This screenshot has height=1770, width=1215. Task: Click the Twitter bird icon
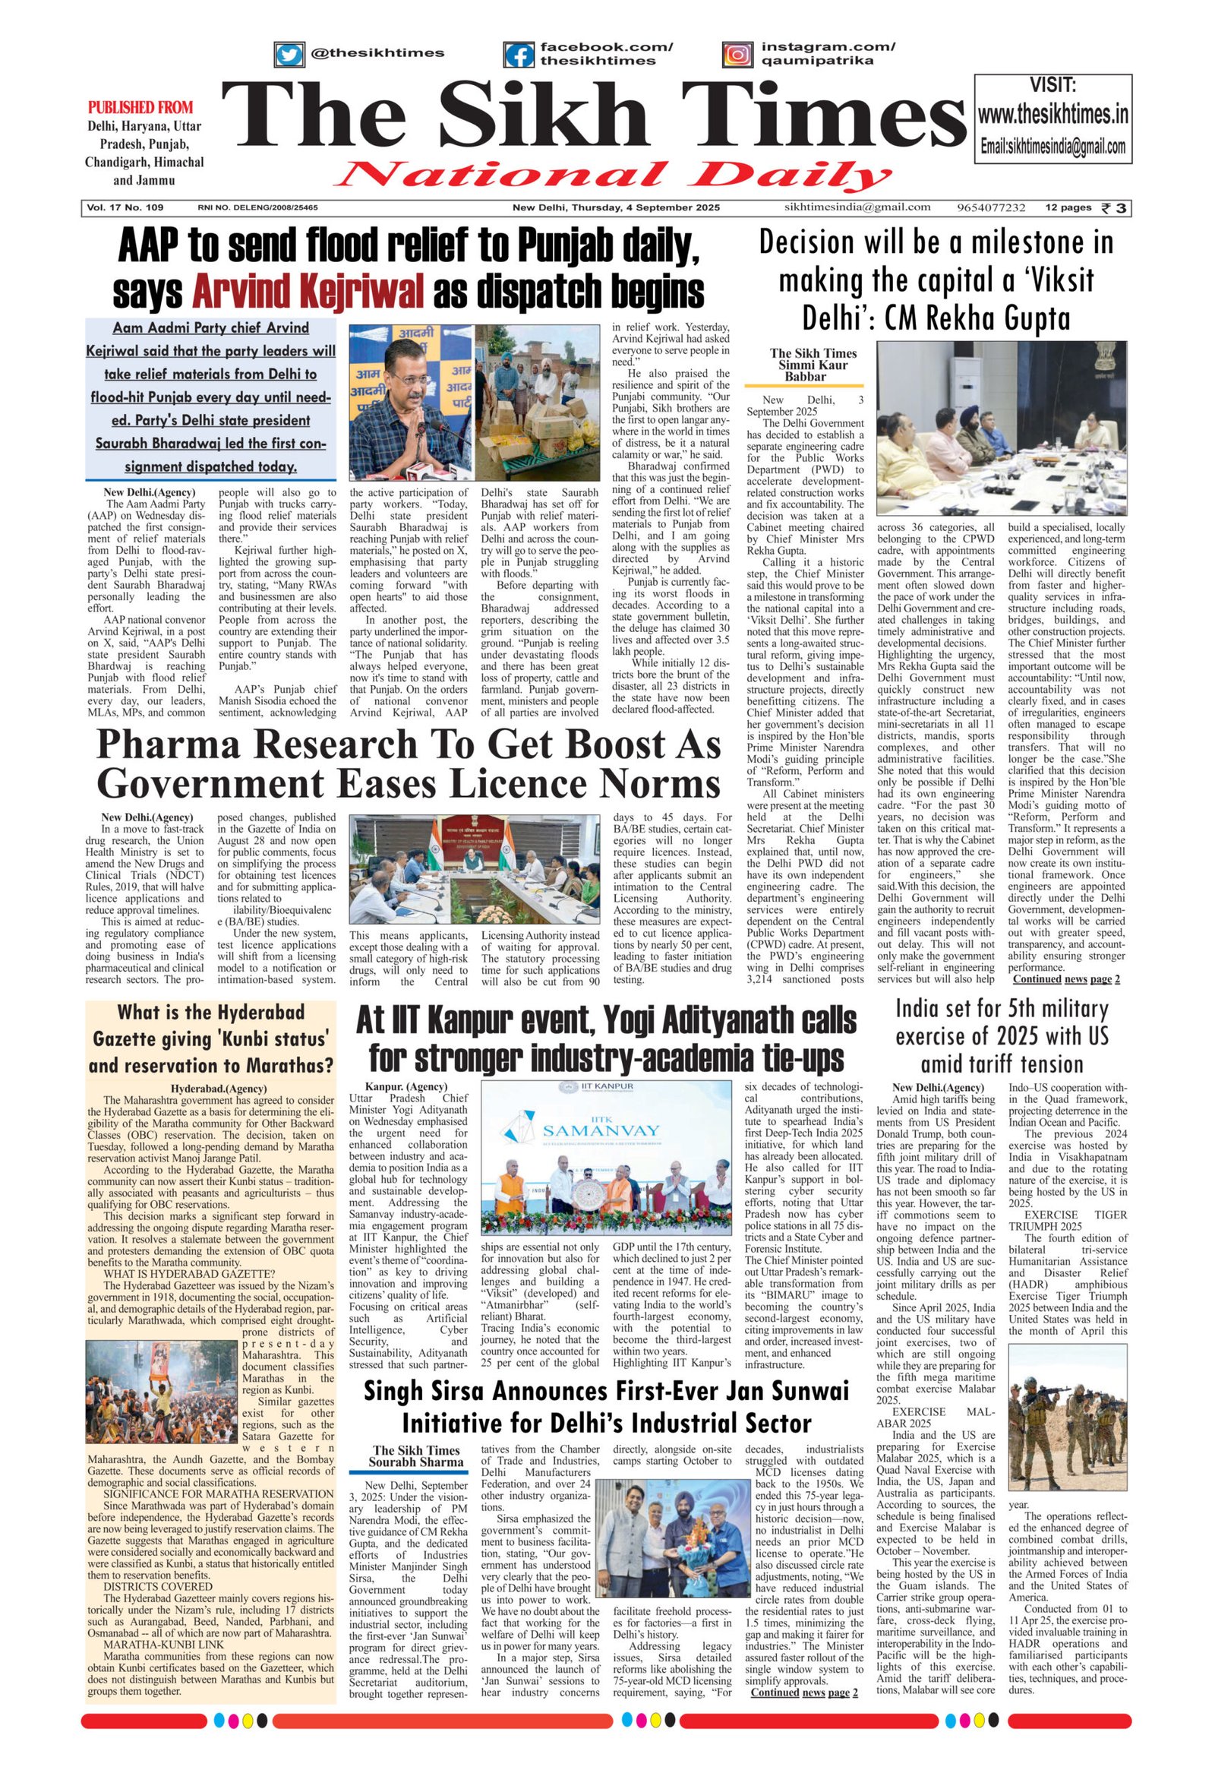289,55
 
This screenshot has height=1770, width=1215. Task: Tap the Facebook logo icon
519,55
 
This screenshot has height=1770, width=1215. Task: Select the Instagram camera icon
736,55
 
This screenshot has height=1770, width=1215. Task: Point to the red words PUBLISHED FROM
140,107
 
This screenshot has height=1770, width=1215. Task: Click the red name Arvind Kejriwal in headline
308,292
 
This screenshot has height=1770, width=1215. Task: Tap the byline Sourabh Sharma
415,1462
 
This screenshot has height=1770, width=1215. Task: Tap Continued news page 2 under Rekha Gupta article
1066,979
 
